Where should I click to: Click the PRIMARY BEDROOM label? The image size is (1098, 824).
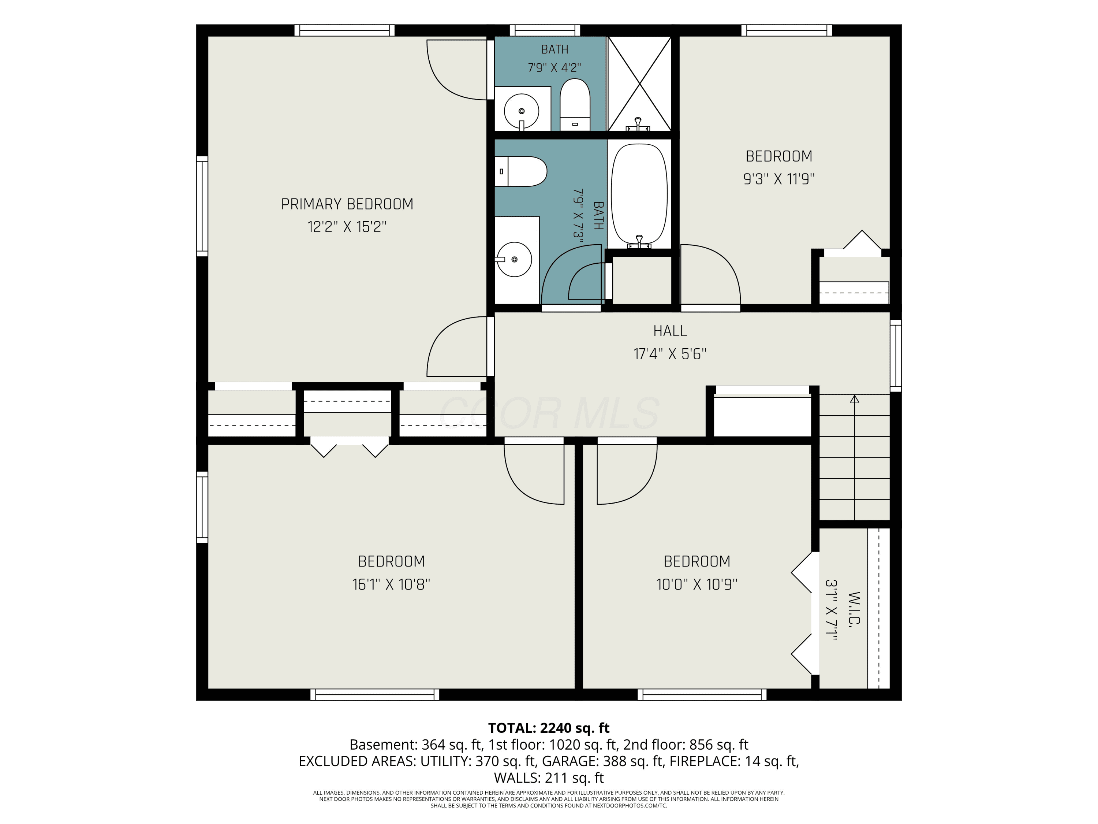[x=347, y=204]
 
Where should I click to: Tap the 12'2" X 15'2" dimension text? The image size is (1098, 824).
[x=347, y=227]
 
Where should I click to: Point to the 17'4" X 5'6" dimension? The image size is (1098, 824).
[x=670, y=354]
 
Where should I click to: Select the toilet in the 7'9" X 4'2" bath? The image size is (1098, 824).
[x=575, y=104]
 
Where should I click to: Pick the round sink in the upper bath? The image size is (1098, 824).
[x=521, y=111]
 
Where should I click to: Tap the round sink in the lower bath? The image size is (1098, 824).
[x=514, y=259]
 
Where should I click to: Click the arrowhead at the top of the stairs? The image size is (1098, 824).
[x=854, y=399]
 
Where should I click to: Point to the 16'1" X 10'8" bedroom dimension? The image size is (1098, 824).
[x=391, y=584]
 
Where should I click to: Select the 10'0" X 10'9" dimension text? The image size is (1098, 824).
[x=697, y=584]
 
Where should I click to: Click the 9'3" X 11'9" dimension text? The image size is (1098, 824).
[x=779, y=179]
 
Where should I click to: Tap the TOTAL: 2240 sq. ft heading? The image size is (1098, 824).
[x=549, y=728]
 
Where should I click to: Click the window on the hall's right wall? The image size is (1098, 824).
[x=896, y=356]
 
